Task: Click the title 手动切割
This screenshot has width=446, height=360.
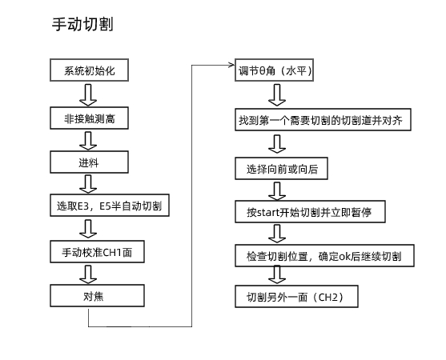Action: coord(81,25)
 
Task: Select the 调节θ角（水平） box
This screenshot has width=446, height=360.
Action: coord(275,71)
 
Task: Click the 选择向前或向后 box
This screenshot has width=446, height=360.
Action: coord(282,168)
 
